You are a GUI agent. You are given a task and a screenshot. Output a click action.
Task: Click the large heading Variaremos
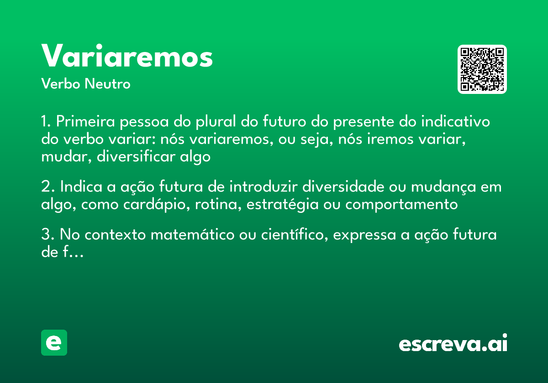(127, 57)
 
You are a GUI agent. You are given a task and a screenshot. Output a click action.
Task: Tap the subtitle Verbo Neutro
(85, 84)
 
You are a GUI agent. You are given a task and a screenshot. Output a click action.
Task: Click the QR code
(482, 69)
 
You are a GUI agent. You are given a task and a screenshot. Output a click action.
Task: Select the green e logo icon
(54, 342)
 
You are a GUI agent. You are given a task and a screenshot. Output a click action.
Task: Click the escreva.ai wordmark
(453, 343)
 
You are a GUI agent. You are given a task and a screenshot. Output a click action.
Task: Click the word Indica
(76, 187)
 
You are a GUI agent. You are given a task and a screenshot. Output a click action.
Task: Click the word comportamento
(401, 204)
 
